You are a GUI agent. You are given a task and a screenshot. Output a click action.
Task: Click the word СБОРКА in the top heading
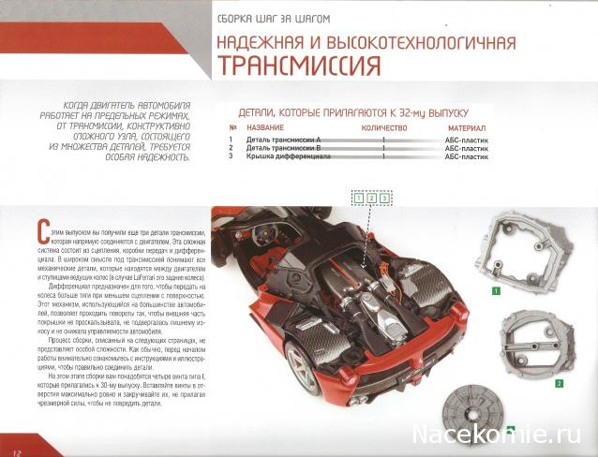[x=240, y=18]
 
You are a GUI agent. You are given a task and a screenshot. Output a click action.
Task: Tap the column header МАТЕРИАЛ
[x=466, y=126]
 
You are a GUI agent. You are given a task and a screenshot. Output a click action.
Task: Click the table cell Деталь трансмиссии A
[x=280, y=139]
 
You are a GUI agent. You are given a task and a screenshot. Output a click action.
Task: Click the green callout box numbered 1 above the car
[x=359, y=198]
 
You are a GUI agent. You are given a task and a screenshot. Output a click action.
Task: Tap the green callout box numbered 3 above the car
[x=383, y=198]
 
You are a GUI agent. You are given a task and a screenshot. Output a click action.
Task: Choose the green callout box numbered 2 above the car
[x=371, y=198]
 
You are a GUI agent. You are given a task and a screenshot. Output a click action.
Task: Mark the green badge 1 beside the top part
[x=495, y=290]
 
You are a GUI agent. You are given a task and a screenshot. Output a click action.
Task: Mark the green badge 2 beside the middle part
[x=559, y=383]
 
